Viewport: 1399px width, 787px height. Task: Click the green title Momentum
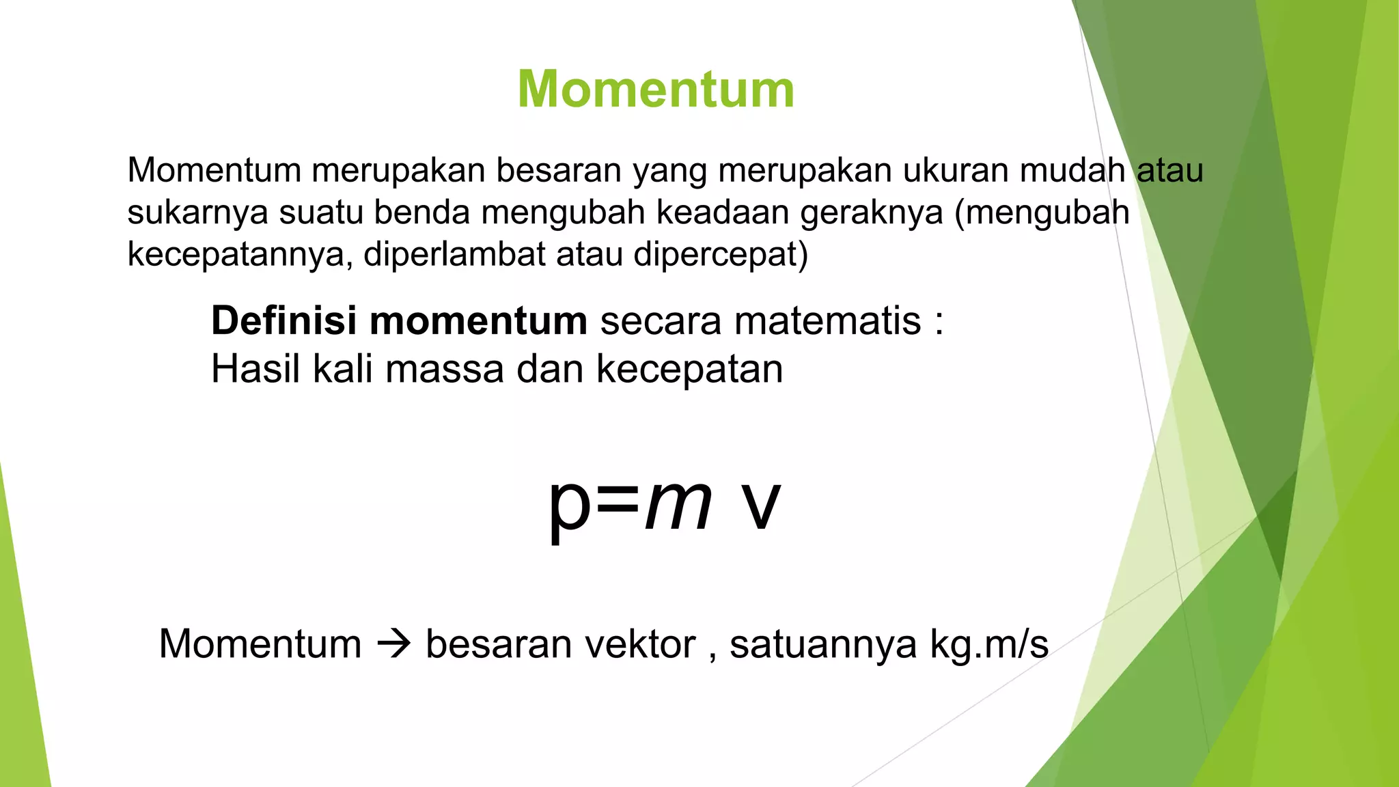pos(656,89)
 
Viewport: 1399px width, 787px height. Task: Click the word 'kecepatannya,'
pos(240,255)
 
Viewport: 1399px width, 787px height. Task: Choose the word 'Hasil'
pos(255,369)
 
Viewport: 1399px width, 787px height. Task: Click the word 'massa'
pos(445,369)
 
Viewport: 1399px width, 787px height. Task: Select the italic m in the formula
pos(678,506)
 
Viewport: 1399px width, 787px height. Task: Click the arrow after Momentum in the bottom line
pos(394,644)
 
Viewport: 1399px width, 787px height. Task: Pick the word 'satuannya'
pos(822,644)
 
